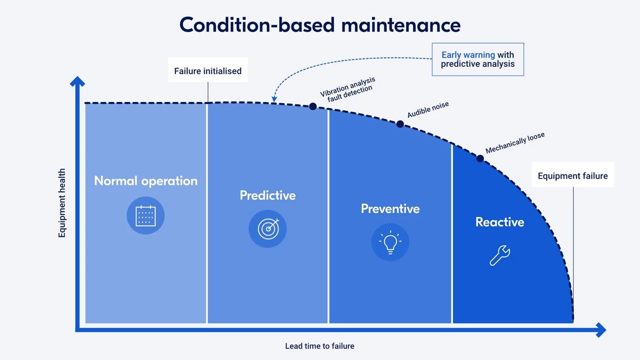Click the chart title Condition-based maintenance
(x=320, y=25)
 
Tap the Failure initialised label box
(x=208, y=71)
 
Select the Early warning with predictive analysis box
(x=477, y=60)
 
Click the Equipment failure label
(x=573, y=176)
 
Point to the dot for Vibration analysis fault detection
(x=313, y=106)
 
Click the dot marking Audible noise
(x=400, y=124)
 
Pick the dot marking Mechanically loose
(x=480, y=158)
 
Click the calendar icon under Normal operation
(x=146, y=216)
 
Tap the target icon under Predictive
(x=268, y=229)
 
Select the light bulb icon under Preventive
(x=390, y=242)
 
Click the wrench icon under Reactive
(x=499, y=256)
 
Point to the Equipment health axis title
(x=62, y=203)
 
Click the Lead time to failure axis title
(x=320, y=346)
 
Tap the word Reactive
(x=499, y=222)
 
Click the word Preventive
(x=390, y=209)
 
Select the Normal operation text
(x=146, y=181)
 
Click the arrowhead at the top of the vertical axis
(x=77, y=81)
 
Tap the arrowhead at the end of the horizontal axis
(x=601, y=329)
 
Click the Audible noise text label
(x=428, y=110)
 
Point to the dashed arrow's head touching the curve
(x=274, y=99)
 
